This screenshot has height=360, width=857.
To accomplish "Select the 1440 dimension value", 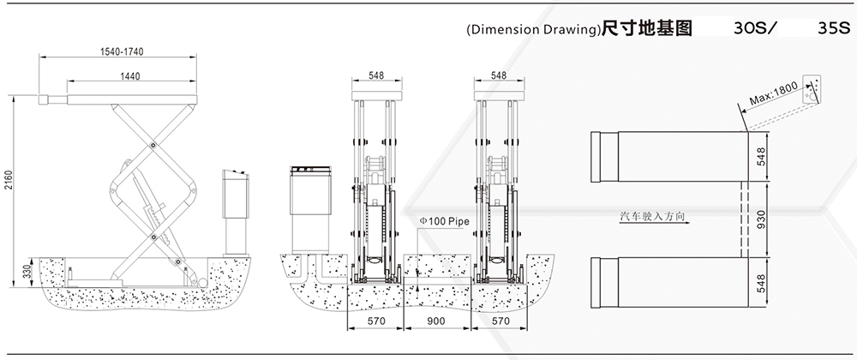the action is point(129,76).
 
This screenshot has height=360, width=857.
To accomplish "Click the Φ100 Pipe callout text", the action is point(444,220).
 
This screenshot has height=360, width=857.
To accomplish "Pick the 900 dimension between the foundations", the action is point(437,321).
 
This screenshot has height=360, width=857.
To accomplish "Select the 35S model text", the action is point(835,29).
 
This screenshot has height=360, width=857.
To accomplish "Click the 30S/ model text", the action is point(754,29).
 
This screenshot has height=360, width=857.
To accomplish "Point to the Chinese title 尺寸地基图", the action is point(646,28).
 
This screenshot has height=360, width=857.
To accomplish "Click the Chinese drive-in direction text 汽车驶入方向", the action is point(652,216).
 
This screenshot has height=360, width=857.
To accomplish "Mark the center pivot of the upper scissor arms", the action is point(153,145).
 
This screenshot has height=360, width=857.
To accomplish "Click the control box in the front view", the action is point(309,209).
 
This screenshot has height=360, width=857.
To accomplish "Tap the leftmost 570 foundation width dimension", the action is point(376,321).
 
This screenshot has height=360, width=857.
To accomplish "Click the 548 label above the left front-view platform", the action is point(376,75).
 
